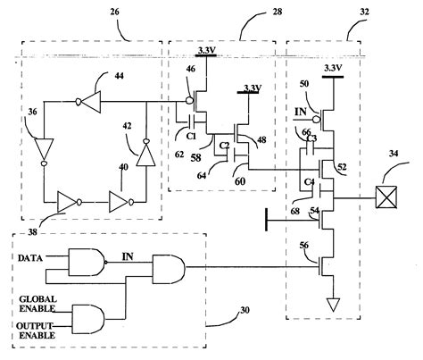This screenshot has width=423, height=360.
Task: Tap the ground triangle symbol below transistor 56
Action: coord(334,305)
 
